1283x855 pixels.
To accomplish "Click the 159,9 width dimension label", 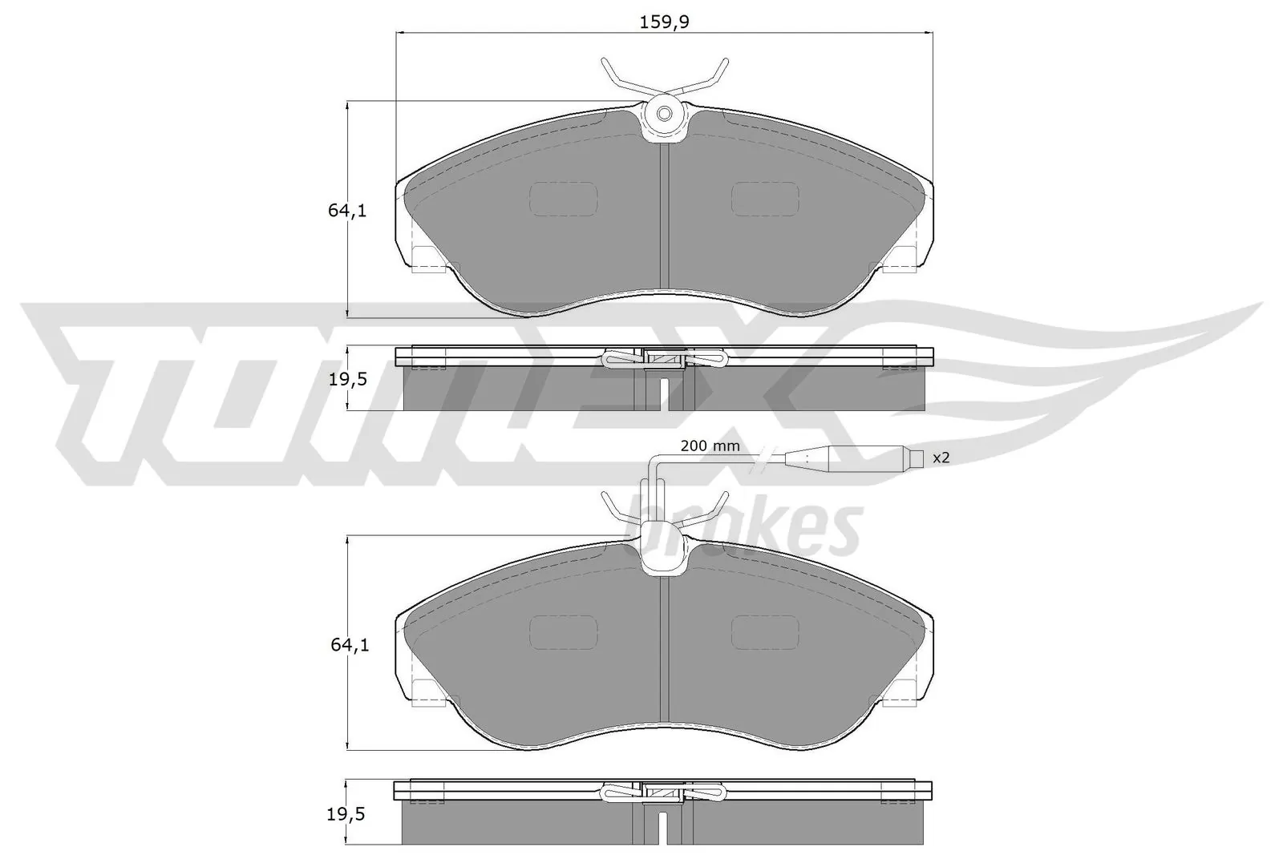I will point(665,22).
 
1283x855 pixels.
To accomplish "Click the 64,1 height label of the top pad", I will point(347,212).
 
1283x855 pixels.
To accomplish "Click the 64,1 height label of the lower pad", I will point(347,644).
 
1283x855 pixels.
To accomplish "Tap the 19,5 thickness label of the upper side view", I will point(347,379).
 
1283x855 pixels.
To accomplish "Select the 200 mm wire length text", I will point(710,446).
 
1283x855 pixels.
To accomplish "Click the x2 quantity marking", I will point(941,458).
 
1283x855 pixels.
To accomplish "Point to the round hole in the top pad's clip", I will point(665,114).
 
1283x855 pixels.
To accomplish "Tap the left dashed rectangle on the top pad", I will point(564,198).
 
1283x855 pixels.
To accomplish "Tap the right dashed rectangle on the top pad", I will point(765,198).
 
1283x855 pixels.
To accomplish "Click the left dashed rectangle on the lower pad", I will point(564,631).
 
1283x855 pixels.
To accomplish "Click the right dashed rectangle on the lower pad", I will point(765,631).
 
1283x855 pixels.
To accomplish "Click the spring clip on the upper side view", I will point(664,359).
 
